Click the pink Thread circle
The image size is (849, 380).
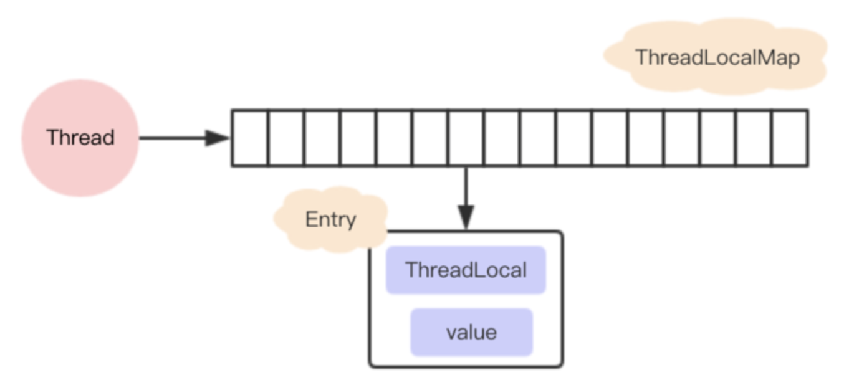coord(80,138)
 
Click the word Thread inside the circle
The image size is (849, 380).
coord(80,137)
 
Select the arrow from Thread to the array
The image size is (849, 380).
coord(175,138)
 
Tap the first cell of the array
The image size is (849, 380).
coord(250,138)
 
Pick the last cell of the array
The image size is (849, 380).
coord(790,138)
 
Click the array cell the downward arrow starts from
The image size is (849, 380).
coord(466,138)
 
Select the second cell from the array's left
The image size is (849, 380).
coord(285,138)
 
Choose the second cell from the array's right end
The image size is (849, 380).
coord(754,138)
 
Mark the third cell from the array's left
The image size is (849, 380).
coord(322,138)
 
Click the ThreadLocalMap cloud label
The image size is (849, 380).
coord(717,57)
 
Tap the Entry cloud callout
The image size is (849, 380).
coord(330,219)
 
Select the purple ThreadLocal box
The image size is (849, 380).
coord(466,270)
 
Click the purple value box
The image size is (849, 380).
coord(471,332)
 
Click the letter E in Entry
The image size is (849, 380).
coord(310,219)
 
